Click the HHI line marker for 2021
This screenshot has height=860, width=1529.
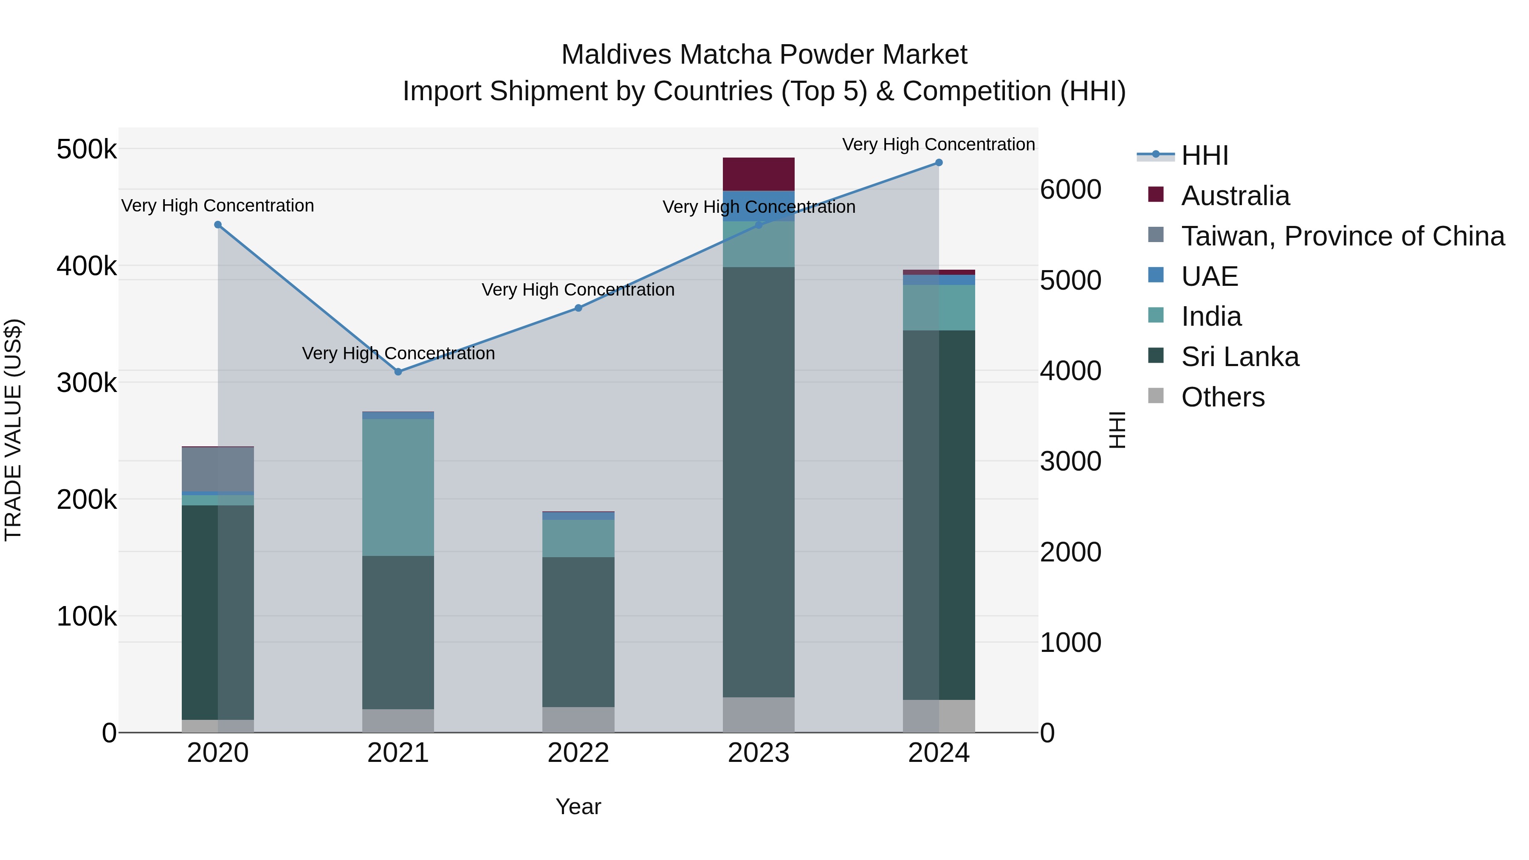tap(398, 372)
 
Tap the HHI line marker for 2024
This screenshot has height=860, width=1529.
tap(938, 163)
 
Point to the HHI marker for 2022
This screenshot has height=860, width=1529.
tap(578, 308)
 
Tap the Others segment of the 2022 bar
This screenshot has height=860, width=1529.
tap(578, 719)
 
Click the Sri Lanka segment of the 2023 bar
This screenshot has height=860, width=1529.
tap(758, 481)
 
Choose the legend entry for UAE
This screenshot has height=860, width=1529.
tap(1209, 276)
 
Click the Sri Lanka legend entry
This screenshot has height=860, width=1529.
tap(1239, 357)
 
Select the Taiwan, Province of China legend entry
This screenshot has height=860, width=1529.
tap(1342, 236)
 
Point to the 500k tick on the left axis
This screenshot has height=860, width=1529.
tap(87, 149)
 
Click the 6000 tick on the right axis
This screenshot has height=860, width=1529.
tap(1070, 190)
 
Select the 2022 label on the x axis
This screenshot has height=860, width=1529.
tap(578, 753)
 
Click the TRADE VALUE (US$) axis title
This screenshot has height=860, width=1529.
tap(13, 430)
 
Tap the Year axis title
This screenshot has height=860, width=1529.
tap(578, 806)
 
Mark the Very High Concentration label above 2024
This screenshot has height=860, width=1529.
tap(938, 144)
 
